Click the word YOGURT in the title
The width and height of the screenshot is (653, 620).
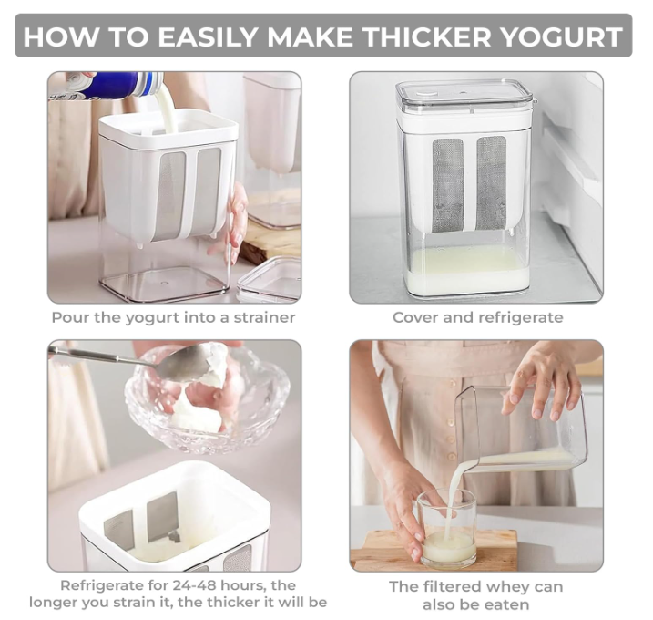560,36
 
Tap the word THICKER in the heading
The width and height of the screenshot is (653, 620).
428,36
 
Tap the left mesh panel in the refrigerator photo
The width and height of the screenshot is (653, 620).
448,185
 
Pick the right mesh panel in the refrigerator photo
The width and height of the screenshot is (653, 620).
492,182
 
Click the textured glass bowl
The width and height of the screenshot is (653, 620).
207,400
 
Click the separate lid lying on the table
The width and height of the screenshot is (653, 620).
270,278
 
